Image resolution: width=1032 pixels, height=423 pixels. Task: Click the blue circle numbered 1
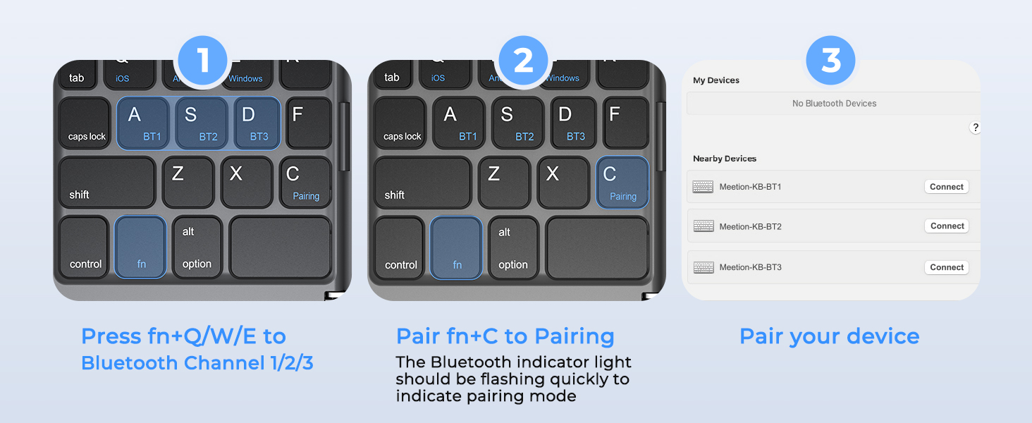pos(203,61)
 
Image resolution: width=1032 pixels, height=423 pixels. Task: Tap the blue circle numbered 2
pos(523,61)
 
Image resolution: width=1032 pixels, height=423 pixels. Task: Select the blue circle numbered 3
pos(831,61)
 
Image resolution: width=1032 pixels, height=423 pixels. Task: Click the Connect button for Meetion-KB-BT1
pos(946,187)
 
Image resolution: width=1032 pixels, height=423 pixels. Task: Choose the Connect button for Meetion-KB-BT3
pos(946,267)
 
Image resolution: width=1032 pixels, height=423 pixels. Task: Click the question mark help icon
pos(975,128)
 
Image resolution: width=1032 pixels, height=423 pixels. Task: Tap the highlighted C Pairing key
pos(622,182)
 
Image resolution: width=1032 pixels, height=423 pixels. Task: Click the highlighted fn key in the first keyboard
pos(141,247)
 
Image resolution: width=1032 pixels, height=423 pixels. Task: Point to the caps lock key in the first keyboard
pos(85,123)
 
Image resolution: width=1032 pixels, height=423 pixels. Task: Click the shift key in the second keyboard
pos(422,183)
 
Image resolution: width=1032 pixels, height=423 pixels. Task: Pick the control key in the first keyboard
pos(85,247)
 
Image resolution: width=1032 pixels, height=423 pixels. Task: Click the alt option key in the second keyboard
pos(513,247)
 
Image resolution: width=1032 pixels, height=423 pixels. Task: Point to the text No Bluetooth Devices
pos(834,104)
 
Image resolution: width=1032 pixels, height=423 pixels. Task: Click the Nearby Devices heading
pos(725,159)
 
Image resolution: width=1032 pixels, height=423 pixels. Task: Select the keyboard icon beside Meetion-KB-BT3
pos(704,267)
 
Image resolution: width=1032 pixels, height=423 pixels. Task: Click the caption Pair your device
pos(829,336)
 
